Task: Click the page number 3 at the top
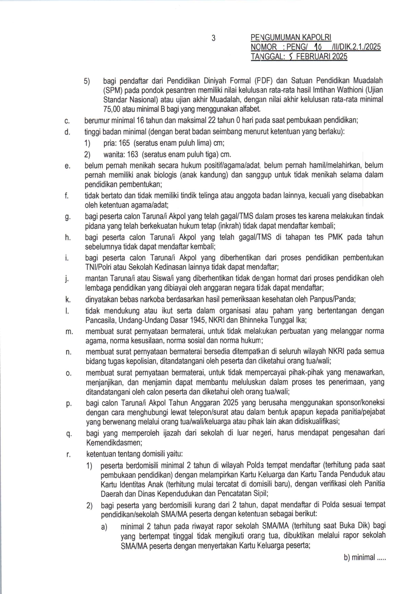pos(213,38)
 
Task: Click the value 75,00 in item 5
pos(112,109)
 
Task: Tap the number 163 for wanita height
pos(132,155)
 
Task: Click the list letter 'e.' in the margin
pos(67,166)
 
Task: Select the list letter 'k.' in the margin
pos(68,300)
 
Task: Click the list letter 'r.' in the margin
pos(68,454)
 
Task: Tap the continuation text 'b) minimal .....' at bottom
pos(364,557)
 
